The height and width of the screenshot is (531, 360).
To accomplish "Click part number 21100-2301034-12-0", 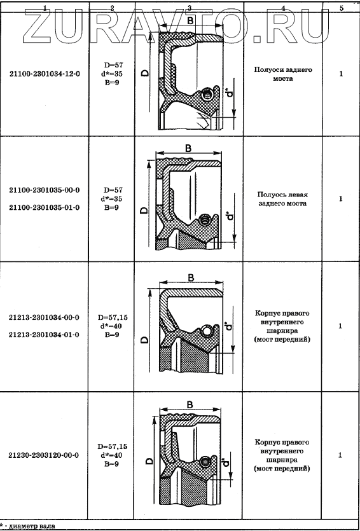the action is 45,73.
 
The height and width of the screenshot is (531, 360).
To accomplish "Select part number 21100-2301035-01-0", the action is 45,207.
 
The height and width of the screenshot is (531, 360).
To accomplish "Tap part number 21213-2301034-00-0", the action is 45,317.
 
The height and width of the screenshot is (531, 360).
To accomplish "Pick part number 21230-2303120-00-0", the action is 45,455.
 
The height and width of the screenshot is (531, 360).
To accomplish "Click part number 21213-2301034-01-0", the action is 45,335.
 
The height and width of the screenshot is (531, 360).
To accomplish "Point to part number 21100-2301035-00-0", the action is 45,190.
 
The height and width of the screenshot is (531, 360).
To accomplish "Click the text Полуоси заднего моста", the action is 283,74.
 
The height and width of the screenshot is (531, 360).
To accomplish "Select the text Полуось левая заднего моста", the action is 282,199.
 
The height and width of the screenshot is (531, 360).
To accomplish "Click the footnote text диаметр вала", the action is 32,526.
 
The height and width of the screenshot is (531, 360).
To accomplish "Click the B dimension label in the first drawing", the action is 190,20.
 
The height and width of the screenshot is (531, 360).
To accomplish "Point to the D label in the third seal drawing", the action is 144,340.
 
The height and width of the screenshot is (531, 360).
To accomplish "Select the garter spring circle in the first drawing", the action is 207,94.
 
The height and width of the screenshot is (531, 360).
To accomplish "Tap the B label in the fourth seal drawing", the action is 190,404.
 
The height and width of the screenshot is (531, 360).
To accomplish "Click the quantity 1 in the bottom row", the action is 341,455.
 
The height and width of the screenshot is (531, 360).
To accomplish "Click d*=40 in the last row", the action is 111,455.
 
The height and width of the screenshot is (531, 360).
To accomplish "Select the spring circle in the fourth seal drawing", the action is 205,461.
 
